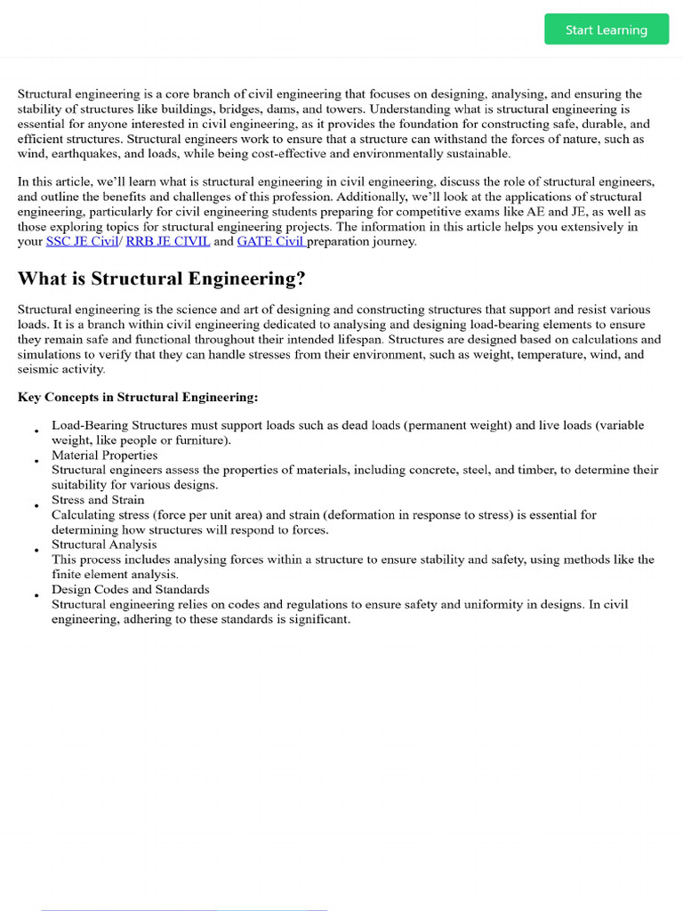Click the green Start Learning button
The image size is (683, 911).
point(607,29)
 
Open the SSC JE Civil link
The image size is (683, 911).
point(82,241)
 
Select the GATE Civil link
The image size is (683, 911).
point(271,241)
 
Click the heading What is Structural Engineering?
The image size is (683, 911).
point(162,278)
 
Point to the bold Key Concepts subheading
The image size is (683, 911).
point(138,397)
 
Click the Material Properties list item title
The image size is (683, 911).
point(104,455)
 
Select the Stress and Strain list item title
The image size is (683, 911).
point(98,500)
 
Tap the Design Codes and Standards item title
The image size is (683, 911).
point(131,589)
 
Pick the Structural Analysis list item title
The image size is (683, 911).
point(104,544)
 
